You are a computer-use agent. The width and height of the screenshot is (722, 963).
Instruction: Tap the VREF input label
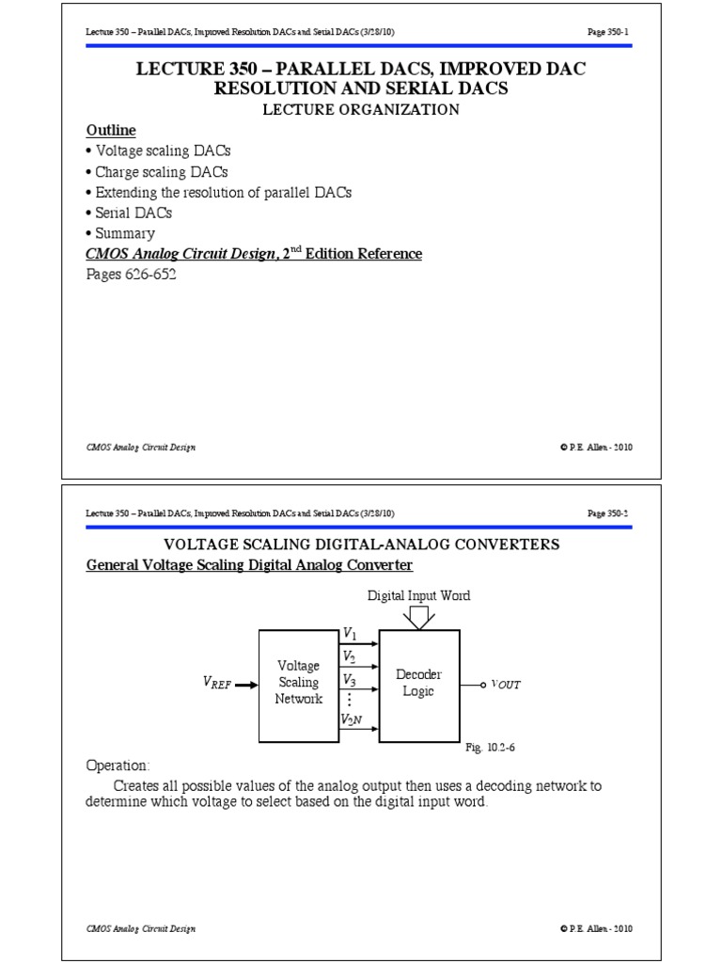click(x=216, y=685)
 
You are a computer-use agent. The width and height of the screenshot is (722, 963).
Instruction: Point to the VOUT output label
click(x=505, y=685)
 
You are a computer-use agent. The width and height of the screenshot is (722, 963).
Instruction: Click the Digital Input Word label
click(x=418, y=595)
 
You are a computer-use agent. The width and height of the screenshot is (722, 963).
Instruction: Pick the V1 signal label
click(x=349, y=635)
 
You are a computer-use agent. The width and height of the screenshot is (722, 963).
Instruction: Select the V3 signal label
click(x=349, y=678)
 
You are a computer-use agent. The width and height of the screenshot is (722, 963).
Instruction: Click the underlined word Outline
click(x=111, y=130)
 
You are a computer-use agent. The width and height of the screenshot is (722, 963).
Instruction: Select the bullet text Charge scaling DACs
click(x=161, y=172)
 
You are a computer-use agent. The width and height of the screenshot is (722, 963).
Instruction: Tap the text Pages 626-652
click(x=131, y=275)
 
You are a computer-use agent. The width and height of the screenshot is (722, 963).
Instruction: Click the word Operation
click(x=118, y=766)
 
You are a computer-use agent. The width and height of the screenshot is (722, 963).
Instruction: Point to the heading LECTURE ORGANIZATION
click(x=360, y=109)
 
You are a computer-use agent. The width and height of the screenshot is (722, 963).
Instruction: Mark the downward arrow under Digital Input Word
click(x=419, y=617)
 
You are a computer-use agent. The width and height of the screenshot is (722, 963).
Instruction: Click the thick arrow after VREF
click(x=245, y=685)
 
